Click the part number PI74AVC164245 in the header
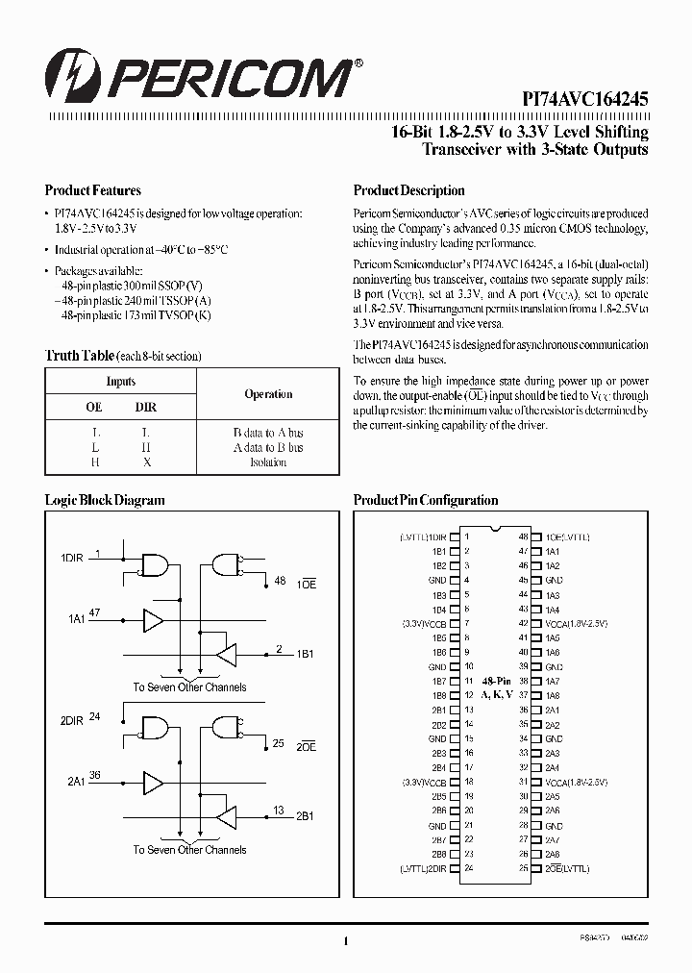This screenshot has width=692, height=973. point(585,97)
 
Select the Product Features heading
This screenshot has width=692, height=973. point(93,190)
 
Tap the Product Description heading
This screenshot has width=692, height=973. point(408,190)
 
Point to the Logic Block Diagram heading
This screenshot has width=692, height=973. point(105,500)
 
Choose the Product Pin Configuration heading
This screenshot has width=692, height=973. point(426,500)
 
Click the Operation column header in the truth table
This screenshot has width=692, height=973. point(268,394)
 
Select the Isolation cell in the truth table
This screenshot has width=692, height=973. point(268,462)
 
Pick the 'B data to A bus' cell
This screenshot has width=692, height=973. point(268,433)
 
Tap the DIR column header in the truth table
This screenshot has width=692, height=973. point(146,408)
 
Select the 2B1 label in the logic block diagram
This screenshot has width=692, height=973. point(305,815)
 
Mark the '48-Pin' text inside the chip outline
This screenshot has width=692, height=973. point(497,680)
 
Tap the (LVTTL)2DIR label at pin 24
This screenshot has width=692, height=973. point(424,868)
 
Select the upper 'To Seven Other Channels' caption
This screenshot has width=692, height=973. point(189,687)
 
